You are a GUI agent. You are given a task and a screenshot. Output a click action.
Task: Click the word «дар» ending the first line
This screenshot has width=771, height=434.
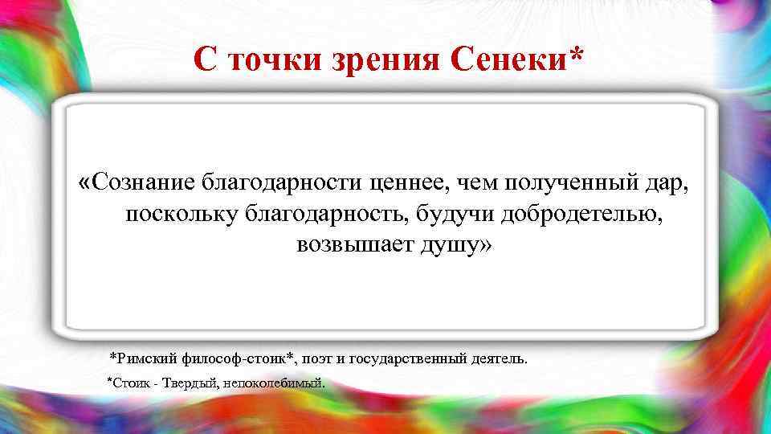click(x=668, y=183)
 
